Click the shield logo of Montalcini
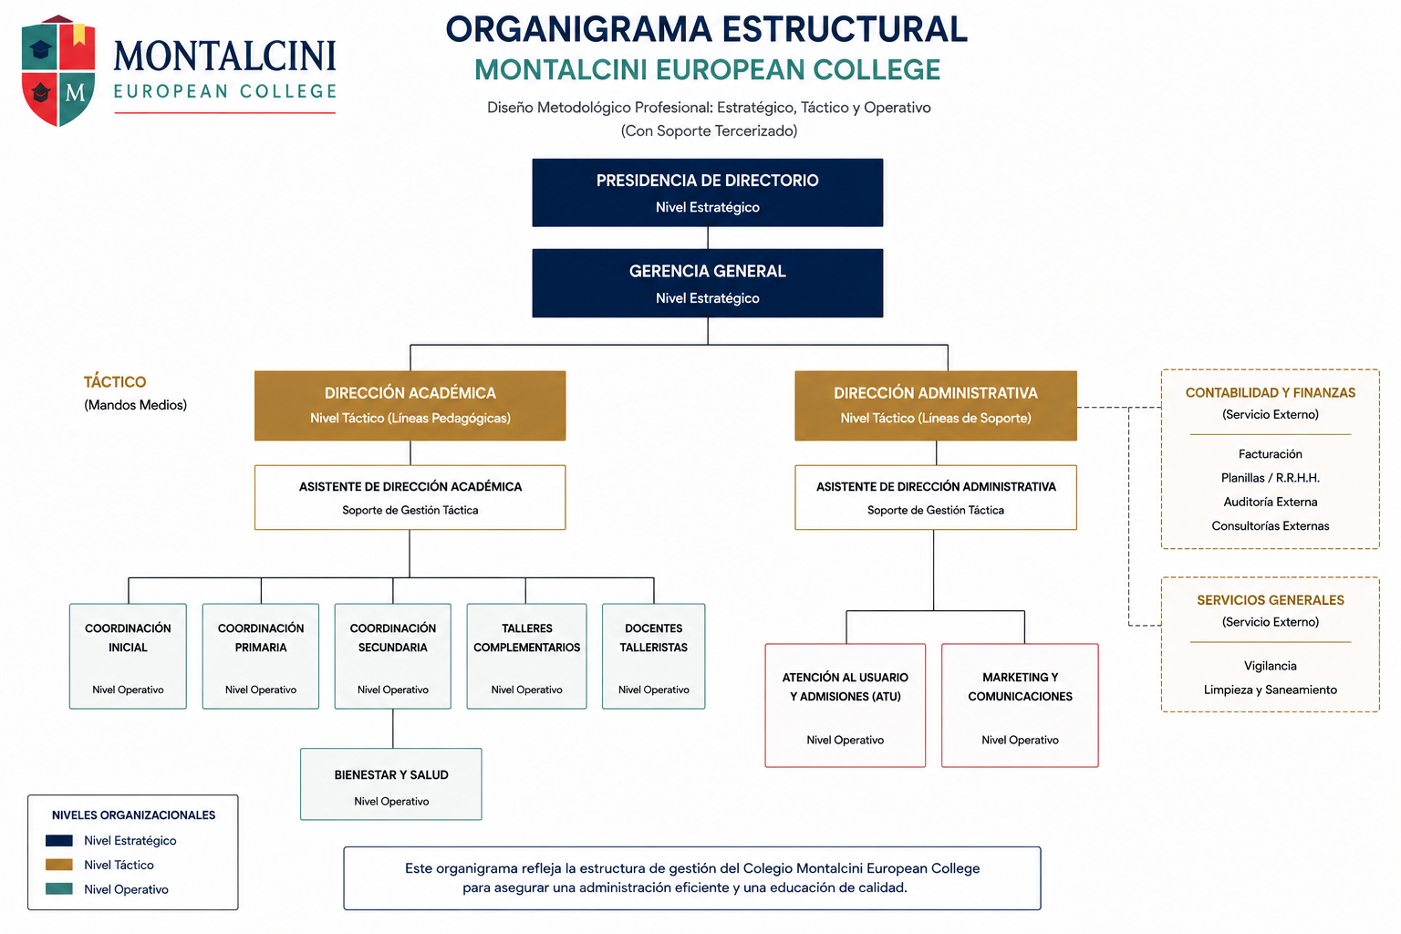[58, 71]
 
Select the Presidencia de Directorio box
[708, 192]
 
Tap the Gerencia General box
[708, 283]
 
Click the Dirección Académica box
[410, 405]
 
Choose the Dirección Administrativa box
[936, 405]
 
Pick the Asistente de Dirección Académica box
[410, 497]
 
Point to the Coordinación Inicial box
[128, 656]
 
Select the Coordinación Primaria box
[261, 656]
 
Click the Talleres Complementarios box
[526, 656]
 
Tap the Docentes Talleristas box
[654, 656]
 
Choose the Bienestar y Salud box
[391, 784]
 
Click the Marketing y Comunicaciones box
[1020, 705]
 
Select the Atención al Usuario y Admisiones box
[845, 705]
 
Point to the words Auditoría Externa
[1271, 502]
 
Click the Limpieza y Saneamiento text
[1271, 690]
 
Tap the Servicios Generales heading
[1271, 600]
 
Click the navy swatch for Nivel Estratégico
[58, 840]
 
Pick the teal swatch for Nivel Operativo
[58, 888]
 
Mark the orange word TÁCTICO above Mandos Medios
[115, 381]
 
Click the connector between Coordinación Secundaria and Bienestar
[393, 729]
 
